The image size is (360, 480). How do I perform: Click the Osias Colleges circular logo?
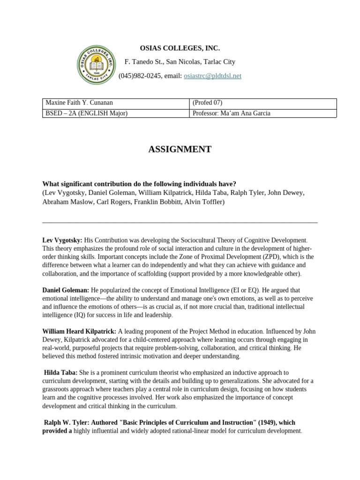tap(96, 65)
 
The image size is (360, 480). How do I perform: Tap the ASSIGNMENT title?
tap(180, 150)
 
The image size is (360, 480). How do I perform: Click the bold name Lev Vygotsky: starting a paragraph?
tap(62, 240)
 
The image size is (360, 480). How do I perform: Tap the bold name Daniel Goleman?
tap(66, 291)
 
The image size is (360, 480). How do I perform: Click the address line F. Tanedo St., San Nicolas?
tap(180, 62)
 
